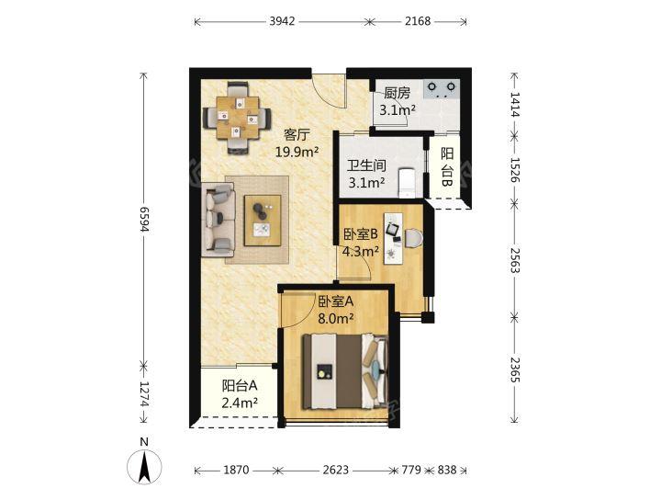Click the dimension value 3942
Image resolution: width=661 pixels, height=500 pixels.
(282, 21)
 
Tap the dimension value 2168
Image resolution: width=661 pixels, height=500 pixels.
(418, 21)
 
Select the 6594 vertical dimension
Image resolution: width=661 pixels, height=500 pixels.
(144, 220)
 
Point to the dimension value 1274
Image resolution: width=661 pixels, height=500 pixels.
(144, 394)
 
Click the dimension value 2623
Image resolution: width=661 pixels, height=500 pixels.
(336, 470)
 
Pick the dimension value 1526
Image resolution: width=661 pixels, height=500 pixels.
(514, 170)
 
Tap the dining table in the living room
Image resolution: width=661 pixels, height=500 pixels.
(237, 118)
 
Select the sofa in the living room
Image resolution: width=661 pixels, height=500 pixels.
(218, 220)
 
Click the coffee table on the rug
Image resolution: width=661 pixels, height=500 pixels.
(263, 221)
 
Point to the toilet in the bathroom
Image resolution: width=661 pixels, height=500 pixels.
(408, 183)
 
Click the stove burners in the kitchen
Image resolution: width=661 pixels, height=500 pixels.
(441, 89)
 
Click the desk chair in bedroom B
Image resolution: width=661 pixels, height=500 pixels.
(413, 238)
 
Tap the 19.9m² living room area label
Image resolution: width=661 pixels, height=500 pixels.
(297, 152)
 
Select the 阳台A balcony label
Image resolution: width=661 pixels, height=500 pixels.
(240, 385)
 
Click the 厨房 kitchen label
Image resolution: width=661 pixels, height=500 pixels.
(398, 93)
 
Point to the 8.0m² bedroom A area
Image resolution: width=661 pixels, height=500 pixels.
(336, 318)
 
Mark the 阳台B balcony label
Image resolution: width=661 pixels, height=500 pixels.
(447, 166)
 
